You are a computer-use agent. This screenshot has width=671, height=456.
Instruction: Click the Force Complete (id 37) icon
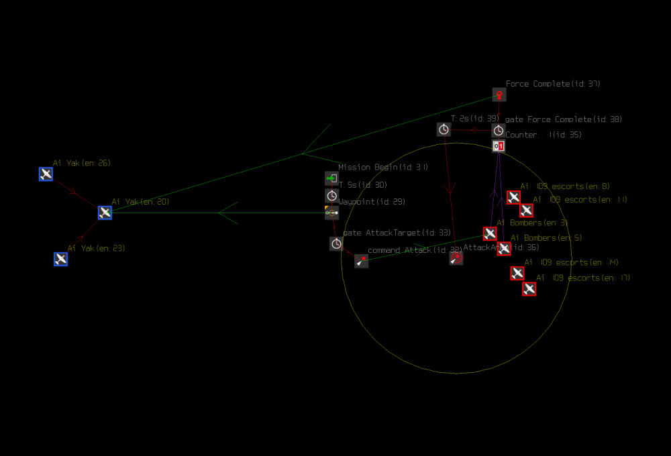point(499,95)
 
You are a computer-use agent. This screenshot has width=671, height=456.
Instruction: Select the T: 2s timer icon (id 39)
point(444,129)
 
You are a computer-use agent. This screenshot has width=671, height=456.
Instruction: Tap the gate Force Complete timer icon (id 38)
point(499,130)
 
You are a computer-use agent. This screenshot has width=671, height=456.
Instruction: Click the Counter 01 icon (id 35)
point(499,146)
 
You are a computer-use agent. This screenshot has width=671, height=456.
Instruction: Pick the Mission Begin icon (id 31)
point(331,178)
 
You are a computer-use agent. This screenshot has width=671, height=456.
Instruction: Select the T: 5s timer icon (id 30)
point(331,196)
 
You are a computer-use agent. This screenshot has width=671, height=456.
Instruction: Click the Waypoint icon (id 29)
point(331,213)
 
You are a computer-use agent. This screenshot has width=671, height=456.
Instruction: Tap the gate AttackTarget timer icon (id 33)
point(336,243)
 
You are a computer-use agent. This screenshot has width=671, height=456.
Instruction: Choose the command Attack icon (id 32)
point(362,261)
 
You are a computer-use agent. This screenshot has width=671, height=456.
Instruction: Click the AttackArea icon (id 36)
point(456,258)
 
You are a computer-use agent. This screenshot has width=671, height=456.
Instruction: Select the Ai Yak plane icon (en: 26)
point(46,174)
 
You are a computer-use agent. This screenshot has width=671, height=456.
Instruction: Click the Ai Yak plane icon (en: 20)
point(105,213)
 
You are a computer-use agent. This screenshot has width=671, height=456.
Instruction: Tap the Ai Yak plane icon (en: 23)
point(60,259)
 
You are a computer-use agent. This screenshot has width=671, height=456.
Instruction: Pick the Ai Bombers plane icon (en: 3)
point(490,233)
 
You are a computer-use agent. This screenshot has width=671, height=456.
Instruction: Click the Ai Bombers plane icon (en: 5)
point(504,249)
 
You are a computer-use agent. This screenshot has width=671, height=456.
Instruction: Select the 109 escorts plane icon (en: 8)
point(513,197)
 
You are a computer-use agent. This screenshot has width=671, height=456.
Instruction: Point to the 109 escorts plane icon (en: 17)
point(529,288)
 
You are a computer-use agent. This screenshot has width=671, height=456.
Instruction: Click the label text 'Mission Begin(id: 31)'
point(382,167)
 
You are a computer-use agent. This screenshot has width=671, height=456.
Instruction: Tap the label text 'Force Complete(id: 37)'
point(553,84)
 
